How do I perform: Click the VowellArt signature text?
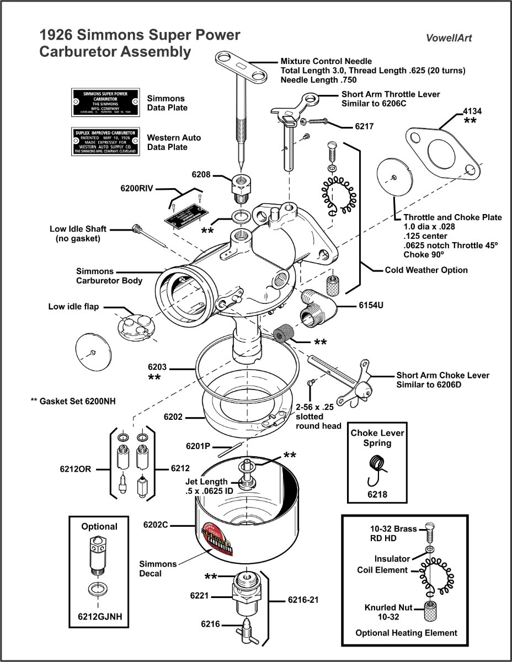coord(449,38)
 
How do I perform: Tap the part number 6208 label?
coord(201,174)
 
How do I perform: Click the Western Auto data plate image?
coord(104,142)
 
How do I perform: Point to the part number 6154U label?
coord(371,305)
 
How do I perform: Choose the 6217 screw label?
coord(364,126)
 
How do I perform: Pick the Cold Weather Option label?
coord(426,270)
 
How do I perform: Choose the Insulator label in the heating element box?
coord(392,559)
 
